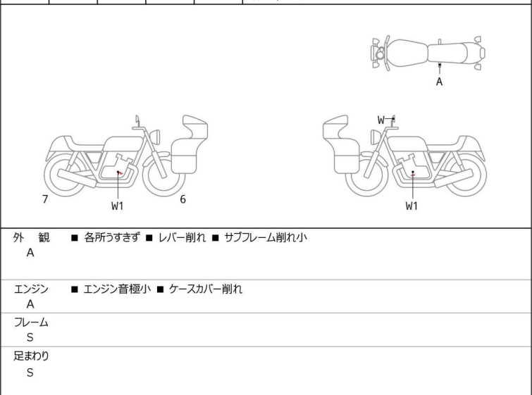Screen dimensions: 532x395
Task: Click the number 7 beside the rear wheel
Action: [45, 199]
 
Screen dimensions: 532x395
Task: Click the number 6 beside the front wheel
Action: [183, 199]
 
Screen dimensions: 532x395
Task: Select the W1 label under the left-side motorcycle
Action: [118, 206]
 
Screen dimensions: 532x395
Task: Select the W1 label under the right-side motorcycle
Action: [412, 206]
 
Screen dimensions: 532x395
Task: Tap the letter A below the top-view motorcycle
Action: [440, 82]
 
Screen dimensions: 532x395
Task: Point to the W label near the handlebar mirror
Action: [381, 120]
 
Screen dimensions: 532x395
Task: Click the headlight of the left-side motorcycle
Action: [155, 137]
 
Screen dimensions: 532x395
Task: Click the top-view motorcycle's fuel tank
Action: [407, 54]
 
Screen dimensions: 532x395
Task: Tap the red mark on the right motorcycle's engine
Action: [413, 175]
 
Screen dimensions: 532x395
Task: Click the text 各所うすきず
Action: [111, 237]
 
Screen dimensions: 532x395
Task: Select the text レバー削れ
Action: [183, 237]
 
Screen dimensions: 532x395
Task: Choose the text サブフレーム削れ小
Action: [266, 237]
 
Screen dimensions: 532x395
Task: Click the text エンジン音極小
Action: [117, 289]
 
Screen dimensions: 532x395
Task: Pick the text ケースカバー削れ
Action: [206, 289]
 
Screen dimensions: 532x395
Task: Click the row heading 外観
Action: [31, 237]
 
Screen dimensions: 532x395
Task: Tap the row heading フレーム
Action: [31, 322]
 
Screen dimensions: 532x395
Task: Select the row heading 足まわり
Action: [31, 356]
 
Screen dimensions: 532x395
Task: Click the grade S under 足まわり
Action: [30, 372]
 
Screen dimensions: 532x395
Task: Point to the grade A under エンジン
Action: [30, 304]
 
